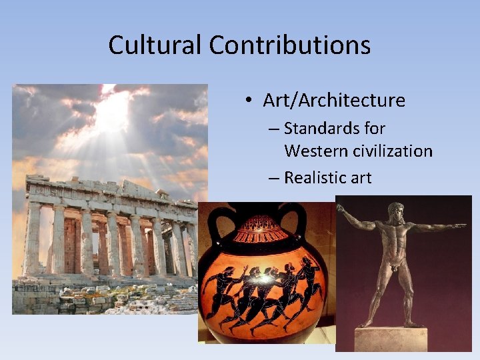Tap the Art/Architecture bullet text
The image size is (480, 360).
(334, 101)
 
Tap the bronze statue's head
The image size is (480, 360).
(396, 211)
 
